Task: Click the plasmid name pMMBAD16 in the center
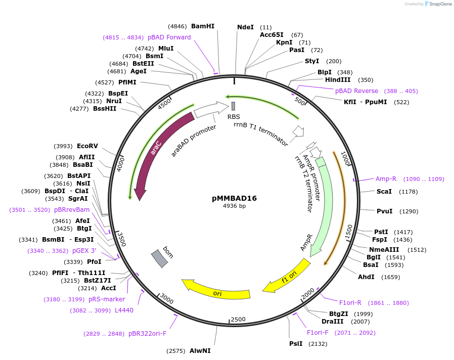click(x=234, y=198)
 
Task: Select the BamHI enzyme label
click(x=203, y=26)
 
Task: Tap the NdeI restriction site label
click(x=245, y=27)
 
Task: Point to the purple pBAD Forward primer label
click(x=169, y=37)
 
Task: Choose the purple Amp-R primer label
click(x=386, y=178)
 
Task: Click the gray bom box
click(x=160, y=258)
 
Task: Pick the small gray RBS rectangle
click(x=233, y=106)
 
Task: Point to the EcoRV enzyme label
click(x=87, y=146)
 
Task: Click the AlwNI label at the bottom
click(x=200, y=350)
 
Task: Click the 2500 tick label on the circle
click(x=238, y=320)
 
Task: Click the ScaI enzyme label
click(x=384, y=192)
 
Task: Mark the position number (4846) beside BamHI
click(x=177, y=26)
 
